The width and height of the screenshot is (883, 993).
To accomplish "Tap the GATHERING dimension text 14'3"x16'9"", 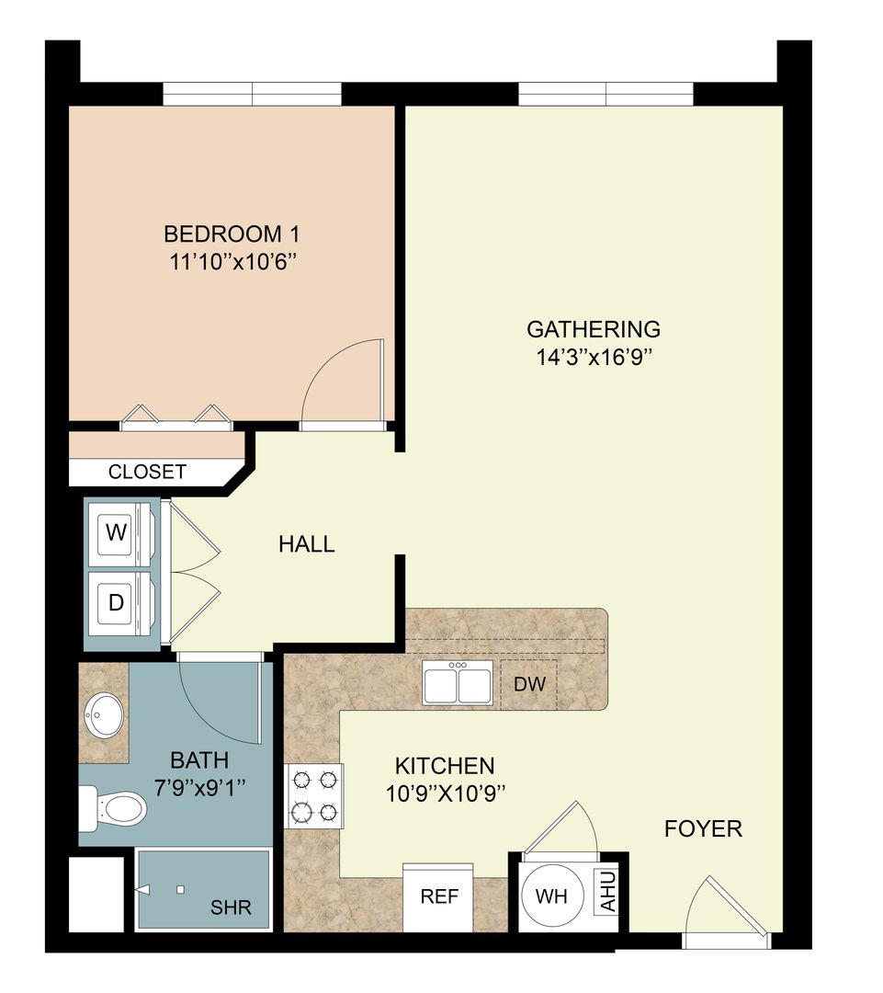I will tap(593, 357).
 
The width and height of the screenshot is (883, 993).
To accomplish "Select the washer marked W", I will tap(117, 533).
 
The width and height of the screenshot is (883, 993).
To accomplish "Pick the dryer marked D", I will tap(117, 603).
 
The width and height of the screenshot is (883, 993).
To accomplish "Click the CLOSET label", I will tap(147, 473).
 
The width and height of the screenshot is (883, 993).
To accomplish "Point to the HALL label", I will tap(306, 544).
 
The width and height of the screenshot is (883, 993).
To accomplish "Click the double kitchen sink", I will tap(457, 683).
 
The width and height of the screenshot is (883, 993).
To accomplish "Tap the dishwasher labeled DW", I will tap(529, 684).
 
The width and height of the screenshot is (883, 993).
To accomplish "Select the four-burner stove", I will tap(312, 796).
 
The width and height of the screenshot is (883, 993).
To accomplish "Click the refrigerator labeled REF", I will tap(438, 896).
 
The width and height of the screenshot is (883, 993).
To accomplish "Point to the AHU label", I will tap(608, 892).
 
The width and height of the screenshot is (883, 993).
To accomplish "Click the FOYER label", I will tap(703, 828).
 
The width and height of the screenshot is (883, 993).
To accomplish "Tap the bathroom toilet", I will tap(117, 809).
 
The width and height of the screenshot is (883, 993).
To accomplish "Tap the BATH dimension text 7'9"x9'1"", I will tap(199, 787).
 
